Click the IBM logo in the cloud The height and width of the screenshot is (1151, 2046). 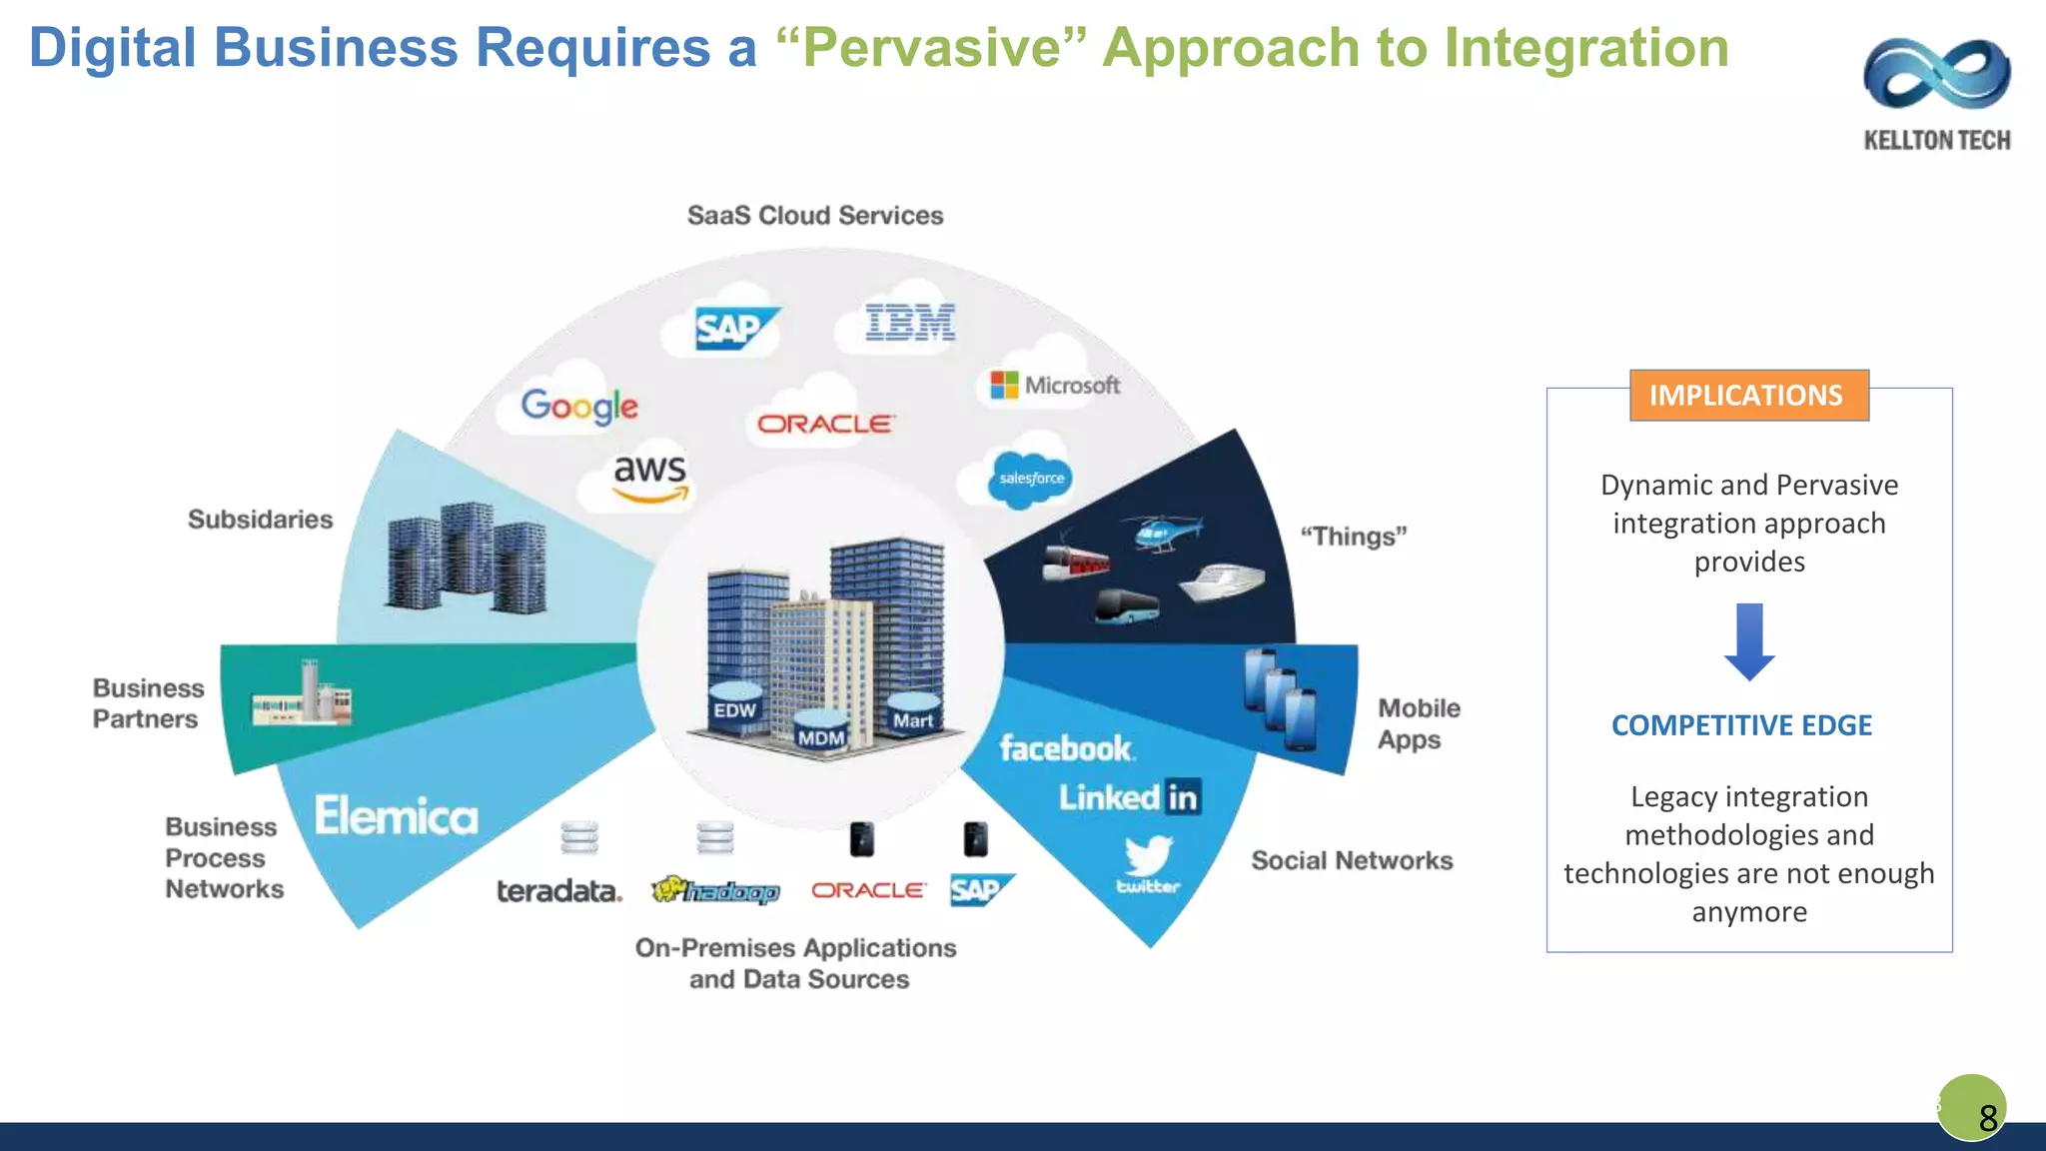coord(910,323)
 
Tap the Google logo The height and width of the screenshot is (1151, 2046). coord(579,406)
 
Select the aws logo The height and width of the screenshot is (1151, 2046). coord(649,477)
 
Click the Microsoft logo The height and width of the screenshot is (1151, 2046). coord(1055,385)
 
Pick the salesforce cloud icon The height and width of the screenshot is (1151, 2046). coord(1030,479)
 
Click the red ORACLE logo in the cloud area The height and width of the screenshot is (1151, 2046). coord(824,425)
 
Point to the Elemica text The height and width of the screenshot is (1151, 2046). coord(397,816)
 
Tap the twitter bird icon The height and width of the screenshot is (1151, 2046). coord(1148,857)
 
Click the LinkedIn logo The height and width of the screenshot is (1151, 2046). coord(1129,797)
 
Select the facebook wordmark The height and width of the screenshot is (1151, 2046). coord(1066,748)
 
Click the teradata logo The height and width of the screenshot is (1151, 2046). coord(558,890)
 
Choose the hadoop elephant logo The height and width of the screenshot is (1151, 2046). coord(715,890)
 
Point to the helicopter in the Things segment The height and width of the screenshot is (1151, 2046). coord(1167,531)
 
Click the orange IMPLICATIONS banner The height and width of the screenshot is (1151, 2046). coord(1748,396)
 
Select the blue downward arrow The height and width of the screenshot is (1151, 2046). coord(1749,641)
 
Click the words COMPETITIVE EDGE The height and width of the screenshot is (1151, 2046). coord(1741,725)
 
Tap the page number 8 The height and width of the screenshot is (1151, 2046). coord(1987,1116)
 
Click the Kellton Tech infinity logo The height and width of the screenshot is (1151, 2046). coord(1936,74)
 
